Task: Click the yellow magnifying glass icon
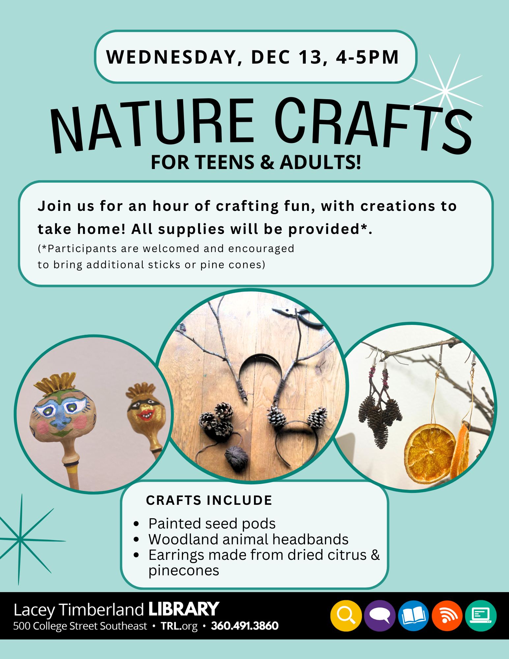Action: [x=346, y=616]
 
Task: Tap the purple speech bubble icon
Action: [x=380, y=616]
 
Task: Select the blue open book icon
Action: [x=413, y=616]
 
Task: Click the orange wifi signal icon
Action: [x=447, y=616]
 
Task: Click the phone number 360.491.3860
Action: [x=245, y=625]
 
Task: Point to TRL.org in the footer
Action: [x=179, y=626]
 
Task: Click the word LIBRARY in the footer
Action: [x=184, y=609]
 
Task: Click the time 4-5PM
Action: [x=367, y=57]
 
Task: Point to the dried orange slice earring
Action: [x=430, y=456]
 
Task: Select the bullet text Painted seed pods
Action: [x=212, y=523]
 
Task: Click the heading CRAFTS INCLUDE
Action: [x=209, y=500]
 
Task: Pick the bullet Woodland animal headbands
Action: [x=248, y=539]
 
